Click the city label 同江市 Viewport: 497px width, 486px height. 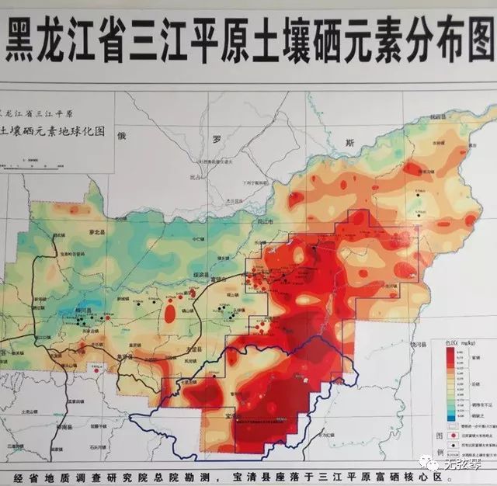coord(267,222)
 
